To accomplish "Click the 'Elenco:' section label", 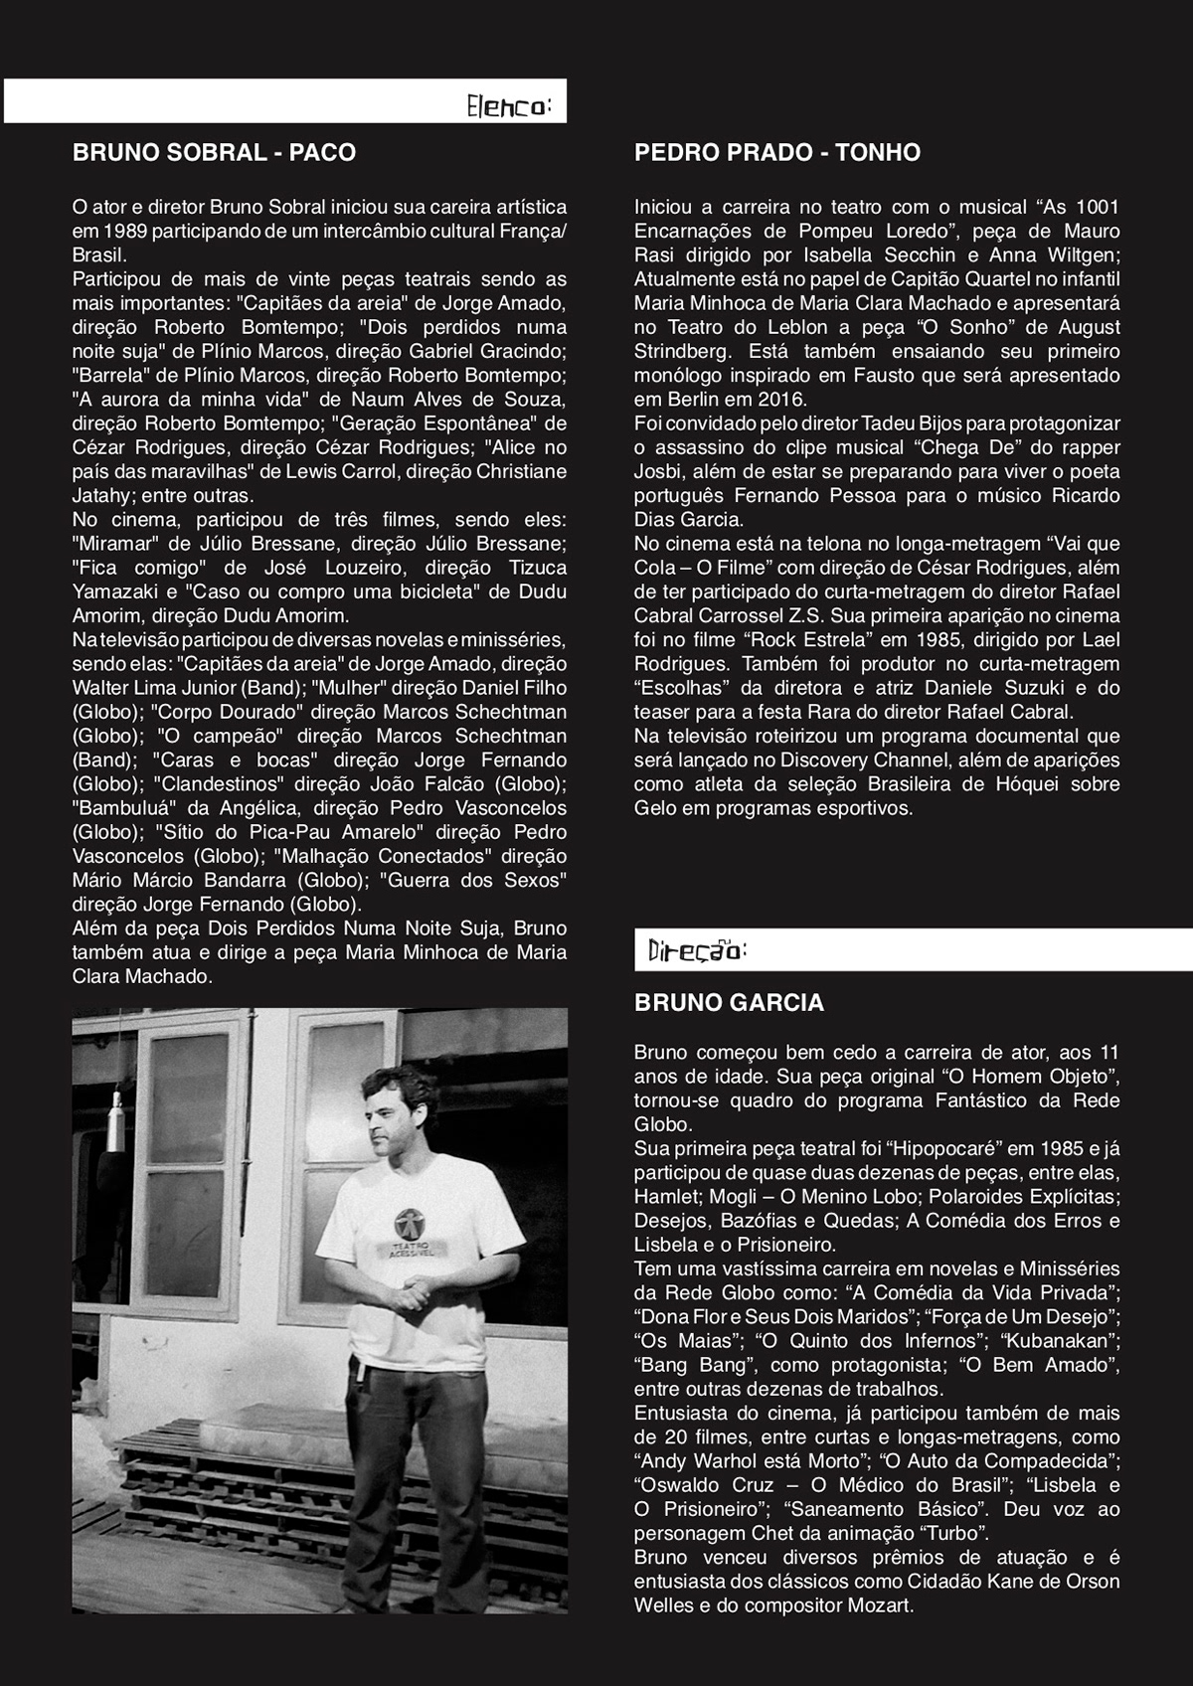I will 508,105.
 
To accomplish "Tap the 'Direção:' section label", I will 696,951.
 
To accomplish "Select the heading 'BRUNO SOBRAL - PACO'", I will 214,153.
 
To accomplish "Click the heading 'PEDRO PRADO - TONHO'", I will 777,153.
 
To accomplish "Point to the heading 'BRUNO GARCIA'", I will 729,1003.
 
